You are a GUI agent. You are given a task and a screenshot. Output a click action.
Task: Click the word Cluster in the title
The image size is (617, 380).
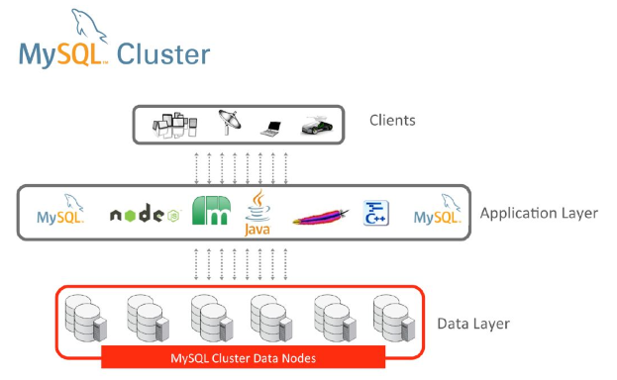pos(163,54)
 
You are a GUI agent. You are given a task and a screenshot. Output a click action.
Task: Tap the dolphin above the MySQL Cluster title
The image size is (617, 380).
pos(88,26)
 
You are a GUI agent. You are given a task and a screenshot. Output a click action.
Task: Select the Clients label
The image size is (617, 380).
pos(392,121)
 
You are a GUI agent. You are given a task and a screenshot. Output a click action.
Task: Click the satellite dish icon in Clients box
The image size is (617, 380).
pos(230,122)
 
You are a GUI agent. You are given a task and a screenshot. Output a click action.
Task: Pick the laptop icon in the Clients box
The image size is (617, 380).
pos(271,129)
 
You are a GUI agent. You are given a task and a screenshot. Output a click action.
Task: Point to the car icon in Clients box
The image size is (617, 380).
pos(317,126)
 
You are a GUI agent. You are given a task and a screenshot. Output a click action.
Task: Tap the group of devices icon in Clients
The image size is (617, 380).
pos(174,125)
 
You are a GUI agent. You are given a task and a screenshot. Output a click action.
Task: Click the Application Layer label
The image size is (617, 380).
pos(539,213)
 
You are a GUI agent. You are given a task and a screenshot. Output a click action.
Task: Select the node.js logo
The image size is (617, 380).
pos(145,214)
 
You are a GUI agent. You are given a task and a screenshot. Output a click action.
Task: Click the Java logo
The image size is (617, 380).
pos(257,213)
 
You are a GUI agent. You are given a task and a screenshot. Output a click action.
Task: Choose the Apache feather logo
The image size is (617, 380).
pos(321,217)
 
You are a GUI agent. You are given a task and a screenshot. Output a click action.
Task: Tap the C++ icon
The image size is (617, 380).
pos(375,213)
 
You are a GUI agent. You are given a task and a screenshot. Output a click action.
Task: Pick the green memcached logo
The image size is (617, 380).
pos(211,211)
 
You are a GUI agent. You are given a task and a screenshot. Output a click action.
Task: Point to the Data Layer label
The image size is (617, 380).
pos(473,324)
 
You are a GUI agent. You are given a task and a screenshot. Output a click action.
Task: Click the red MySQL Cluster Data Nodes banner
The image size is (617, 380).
pos(244,357)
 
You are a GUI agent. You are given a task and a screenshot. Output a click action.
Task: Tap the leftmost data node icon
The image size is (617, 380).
pos(86,318)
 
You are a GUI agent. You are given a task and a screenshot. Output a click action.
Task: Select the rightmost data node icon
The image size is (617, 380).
pos(394,318)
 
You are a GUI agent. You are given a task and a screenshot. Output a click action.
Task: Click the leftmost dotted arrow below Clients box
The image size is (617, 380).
pos(197,168)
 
